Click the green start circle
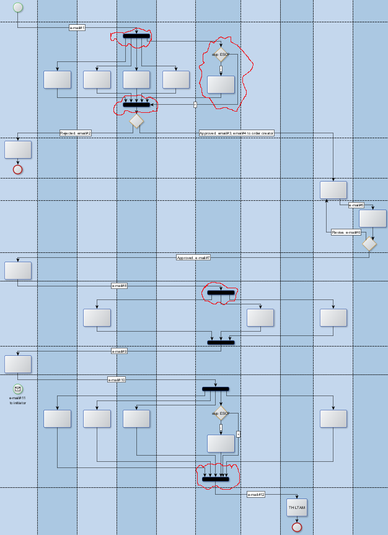coord(17,7)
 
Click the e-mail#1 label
coord(77,28)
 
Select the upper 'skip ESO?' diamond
coord(221,54)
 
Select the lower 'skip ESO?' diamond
coord(221,413)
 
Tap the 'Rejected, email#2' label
coord(76,133)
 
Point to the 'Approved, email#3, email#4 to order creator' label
coord(237,133)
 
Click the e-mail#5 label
coord(356,205)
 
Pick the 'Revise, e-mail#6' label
coord(346,232)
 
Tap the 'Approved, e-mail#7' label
coord(193,257)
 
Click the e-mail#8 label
coord(119,285)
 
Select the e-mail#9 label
coord(119,351)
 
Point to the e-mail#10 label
coord(117,379)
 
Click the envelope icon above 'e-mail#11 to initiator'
coord(17,389)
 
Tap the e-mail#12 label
coord(256,494)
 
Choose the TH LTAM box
coord(297,508)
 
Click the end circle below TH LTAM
coord(297,527)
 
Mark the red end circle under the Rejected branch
coord(17,169)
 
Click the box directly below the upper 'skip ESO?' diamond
coord(221,84)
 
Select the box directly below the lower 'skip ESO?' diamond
coord(221,443)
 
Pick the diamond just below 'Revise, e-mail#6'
coord(369,244)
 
